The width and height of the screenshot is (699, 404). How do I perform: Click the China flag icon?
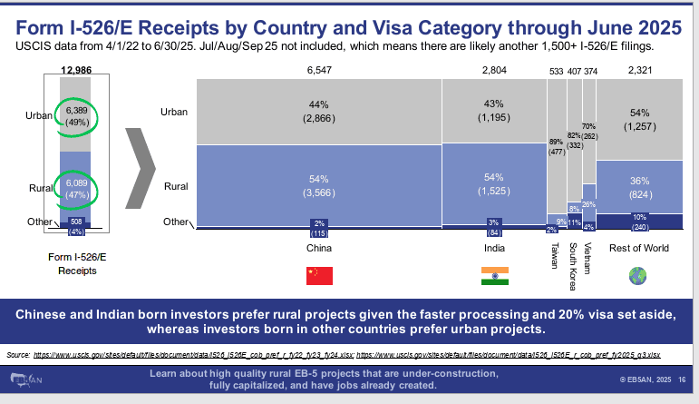click(x=319, y=275)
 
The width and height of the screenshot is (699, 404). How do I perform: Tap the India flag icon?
click(x=494, y=275)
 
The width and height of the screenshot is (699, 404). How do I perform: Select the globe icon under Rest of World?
click(x=638, y=275)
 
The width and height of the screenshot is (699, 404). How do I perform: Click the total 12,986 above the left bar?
click(x=78, y=69)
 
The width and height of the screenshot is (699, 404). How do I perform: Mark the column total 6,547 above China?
click(x=319, y=69)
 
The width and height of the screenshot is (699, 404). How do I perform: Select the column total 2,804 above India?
click(x=494, y=69)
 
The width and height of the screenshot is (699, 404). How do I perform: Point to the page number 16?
click(x=681, y=380)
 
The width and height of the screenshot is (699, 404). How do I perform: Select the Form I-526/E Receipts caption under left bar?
click(x=78, y=262)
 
